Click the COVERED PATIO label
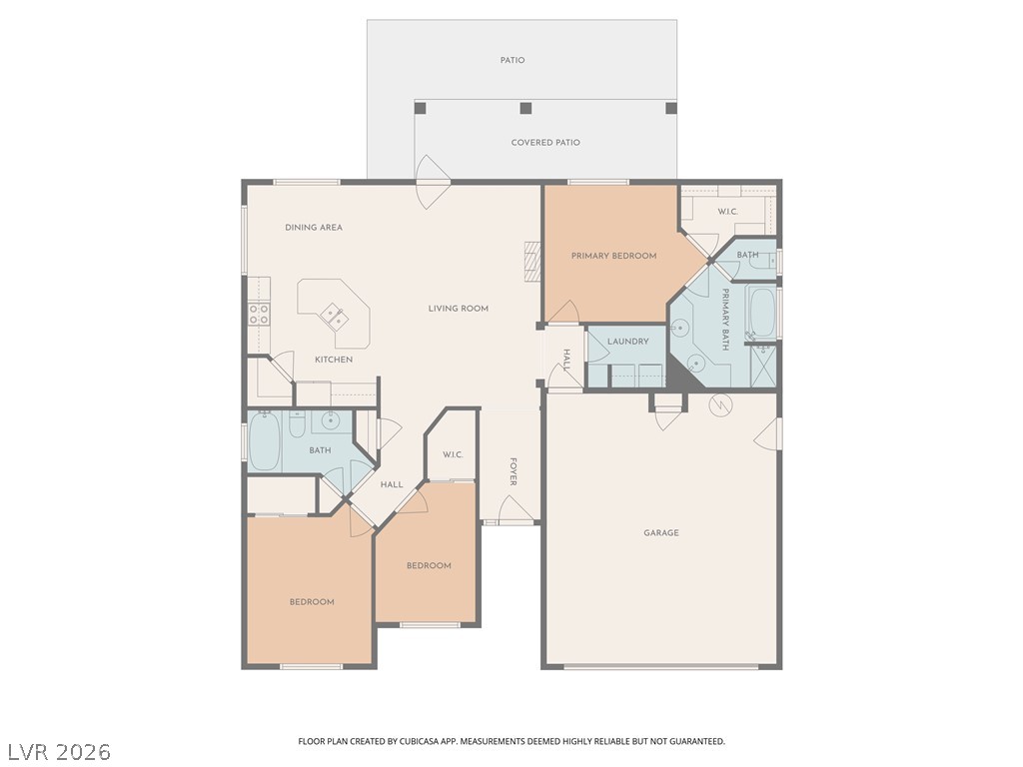pyautogui.click(x=545, y=143)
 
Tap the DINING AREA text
pyautogui.click(x=314, y=228)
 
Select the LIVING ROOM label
pyautogui.click(x=459, y=309)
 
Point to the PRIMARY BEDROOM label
pyautogui.click(x=613, y=256)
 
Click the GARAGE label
pyautogui.click(x=660, y=533)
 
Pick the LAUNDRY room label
pyautogui.click(x=627, y=342)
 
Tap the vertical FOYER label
pyautogui.click(x=513, y=472)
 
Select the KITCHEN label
pyautogui.click(x=334, y=360)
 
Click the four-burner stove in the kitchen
pyautogui.click(x=259, y=316)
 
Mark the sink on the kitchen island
pyautogui.click(x=334, y=318)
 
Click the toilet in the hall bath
pyautogui.click(x=296, y=427)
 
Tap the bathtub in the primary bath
pyautogui.click(x=761, y=313)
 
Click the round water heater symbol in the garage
pyautogui.click(x=719, y=404)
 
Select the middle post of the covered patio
pyautogui.click(x=525, y=108)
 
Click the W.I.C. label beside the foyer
pyautogui.click(x=452, y=455)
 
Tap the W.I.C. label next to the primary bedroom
pyautogui.click(x=727, y=212)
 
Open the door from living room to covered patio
pyautogui.click(x=434, y=183)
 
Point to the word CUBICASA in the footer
pyautogui.click(x=412, y=741)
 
